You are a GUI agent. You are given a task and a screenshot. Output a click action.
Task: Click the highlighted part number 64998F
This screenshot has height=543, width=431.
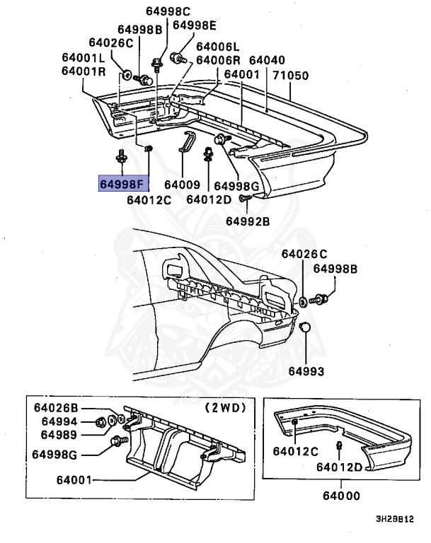tap(123, 185)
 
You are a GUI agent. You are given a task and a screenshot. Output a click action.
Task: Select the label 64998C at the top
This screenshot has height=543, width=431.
tap(168, 11)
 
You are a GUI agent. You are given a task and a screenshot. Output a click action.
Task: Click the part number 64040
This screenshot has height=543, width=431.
tap(267, 61)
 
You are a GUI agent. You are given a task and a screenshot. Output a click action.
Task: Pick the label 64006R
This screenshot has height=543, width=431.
tap(219, 60)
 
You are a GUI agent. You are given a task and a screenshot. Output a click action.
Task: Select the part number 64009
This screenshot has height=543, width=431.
tap(183, 185)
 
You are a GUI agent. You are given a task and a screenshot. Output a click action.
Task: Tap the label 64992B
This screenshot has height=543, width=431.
tap(248, 221)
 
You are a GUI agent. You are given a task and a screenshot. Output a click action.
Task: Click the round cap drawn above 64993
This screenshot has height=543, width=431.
tap(306, 327)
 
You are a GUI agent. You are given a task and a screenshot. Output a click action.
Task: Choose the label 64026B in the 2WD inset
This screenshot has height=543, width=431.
tap(58, 408)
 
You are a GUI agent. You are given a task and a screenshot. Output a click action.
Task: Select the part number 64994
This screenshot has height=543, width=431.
tap(58, 421)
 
